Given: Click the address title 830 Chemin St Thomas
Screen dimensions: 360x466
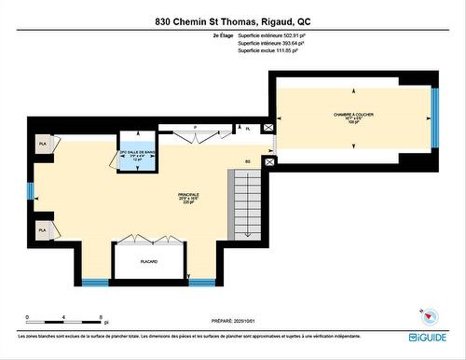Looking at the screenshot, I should click(x=232, y=21).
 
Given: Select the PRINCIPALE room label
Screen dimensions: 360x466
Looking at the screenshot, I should click(x=189, y=198).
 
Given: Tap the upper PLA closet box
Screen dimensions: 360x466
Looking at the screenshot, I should click(x=43, y=144).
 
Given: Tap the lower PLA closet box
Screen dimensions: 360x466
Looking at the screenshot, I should click(x=43, y=228).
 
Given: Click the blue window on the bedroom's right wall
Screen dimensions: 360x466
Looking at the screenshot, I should click(x=433, y=120).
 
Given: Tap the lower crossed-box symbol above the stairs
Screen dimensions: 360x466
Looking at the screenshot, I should click(x=268, y=162).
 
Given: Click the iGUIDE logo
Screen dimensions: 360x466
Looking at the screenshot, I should click(x=427, y=337).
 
